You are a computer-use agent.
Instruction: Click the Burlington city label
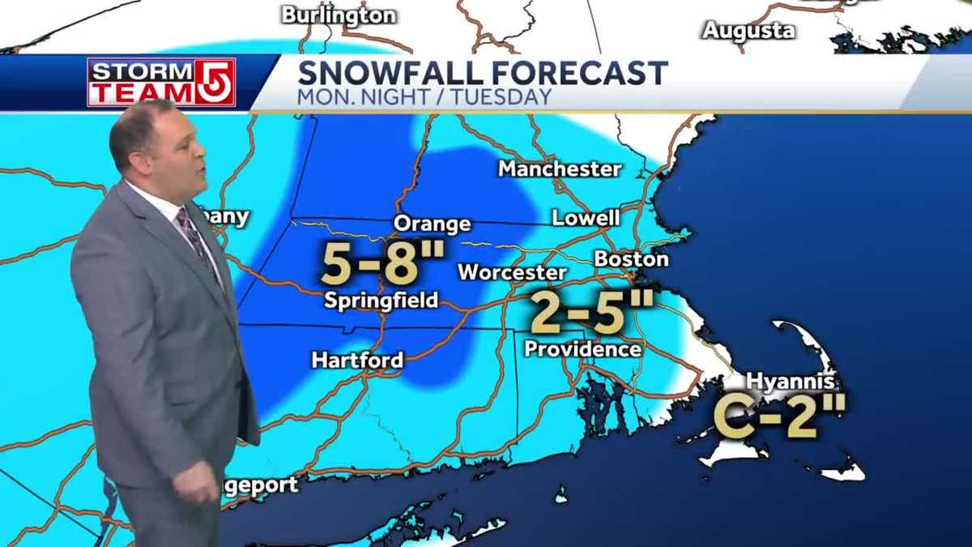coord(339,15)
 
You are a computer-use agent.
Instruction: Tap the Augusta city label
coord(748,31)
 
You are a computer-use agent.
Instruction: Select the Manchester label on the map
coord(560,169)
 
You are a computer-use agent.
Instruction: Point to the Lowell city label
coord(586,218)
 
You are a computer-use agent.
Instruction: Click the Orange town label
coord(432,224)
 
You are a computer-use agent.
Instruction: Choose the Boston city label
coord(632,259)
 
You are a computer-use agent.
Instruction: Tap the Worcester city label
coord(512,272)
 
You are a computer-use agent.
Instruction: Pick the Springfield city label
coord(381,301)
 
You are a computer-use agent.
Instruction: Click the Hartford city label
coord(357,360)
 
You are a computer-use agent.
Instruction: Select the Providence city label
coord(582,349)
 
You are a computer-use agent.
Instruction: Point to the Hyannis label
coord(791,381)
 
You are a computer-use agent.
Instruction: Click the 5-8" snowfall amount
coord(383,262)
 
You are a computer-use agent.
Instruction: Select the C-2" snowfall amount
coord(779,416)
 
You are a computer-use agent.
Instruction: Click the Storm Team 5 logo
coord(161,82)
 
